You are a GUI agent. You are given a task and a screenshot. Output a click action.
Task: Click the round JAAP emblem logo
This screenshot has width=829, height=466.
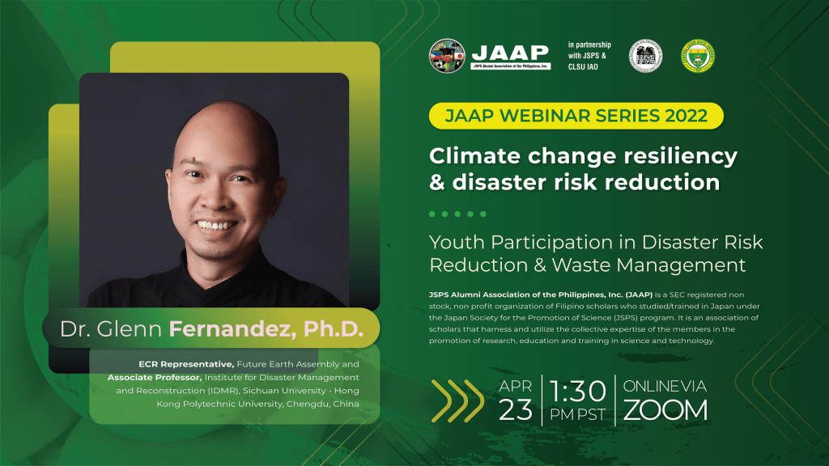coord(448,56)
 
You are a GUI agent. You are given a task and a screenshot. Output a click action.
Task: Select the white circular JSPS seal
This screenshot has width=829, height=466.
coord(646,56)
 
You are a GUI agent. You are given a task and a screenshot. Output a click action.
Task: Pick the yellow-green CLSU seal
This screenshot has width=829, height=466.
coord(697,56)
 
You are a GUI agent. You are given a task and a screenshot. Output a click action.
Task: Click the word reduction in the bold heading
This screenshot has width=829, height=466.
coord(666,182)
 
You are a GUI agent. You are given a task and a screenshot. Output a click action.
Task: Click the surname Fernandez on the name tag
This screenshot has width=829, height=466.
coord(219,329)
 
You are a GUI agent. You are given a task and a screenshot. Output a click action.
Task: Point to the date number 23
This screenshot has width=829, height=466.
coord(516,410)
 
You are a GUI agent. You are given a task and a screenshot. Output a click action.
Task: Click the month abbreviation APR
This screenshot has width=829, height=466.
coord(516,386)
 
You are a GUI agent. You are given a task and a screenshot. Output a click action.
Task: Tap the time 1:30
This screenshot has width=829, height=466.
coord(578,391)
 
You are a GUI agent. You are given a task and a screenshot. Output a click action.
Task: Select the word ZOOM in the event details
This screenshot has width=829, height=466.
coord(665,410)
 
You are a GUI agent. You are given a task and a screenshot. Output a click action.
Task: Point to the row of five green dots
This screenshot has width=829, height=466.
coord(457,214)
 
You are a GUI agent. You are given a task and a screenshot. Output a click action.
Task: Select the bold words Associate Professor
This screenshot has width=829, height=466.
coord(154,377)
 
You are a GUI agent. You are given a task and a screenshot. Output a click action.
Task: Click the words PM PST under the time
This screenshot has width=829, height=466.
coord(578,415)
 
